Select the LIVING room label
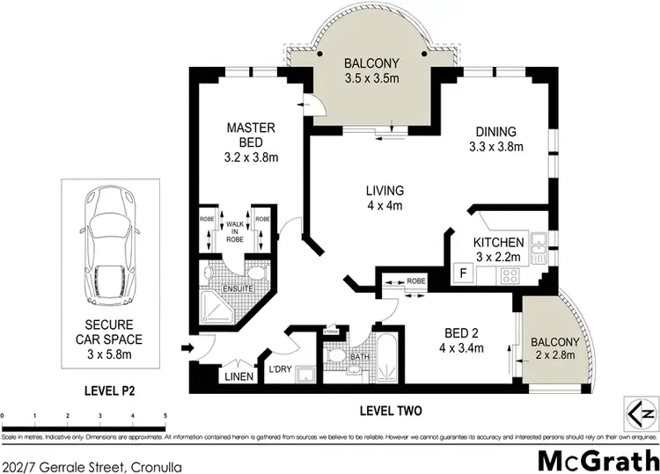click(x=385, y=190)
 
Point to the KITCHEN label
click(x=499, y=243)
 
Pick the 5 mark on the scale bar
click(x=165, y=413)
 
